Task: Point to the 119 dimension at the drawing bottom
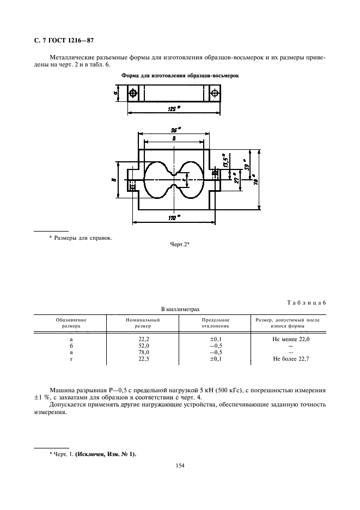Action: coord(175,218)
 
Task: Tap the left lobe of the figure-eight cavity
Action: coord(158,180)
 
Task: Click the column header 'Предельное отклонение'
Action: coord(215,323)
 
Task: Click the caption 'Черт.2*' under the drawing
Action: coord(180,245)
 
